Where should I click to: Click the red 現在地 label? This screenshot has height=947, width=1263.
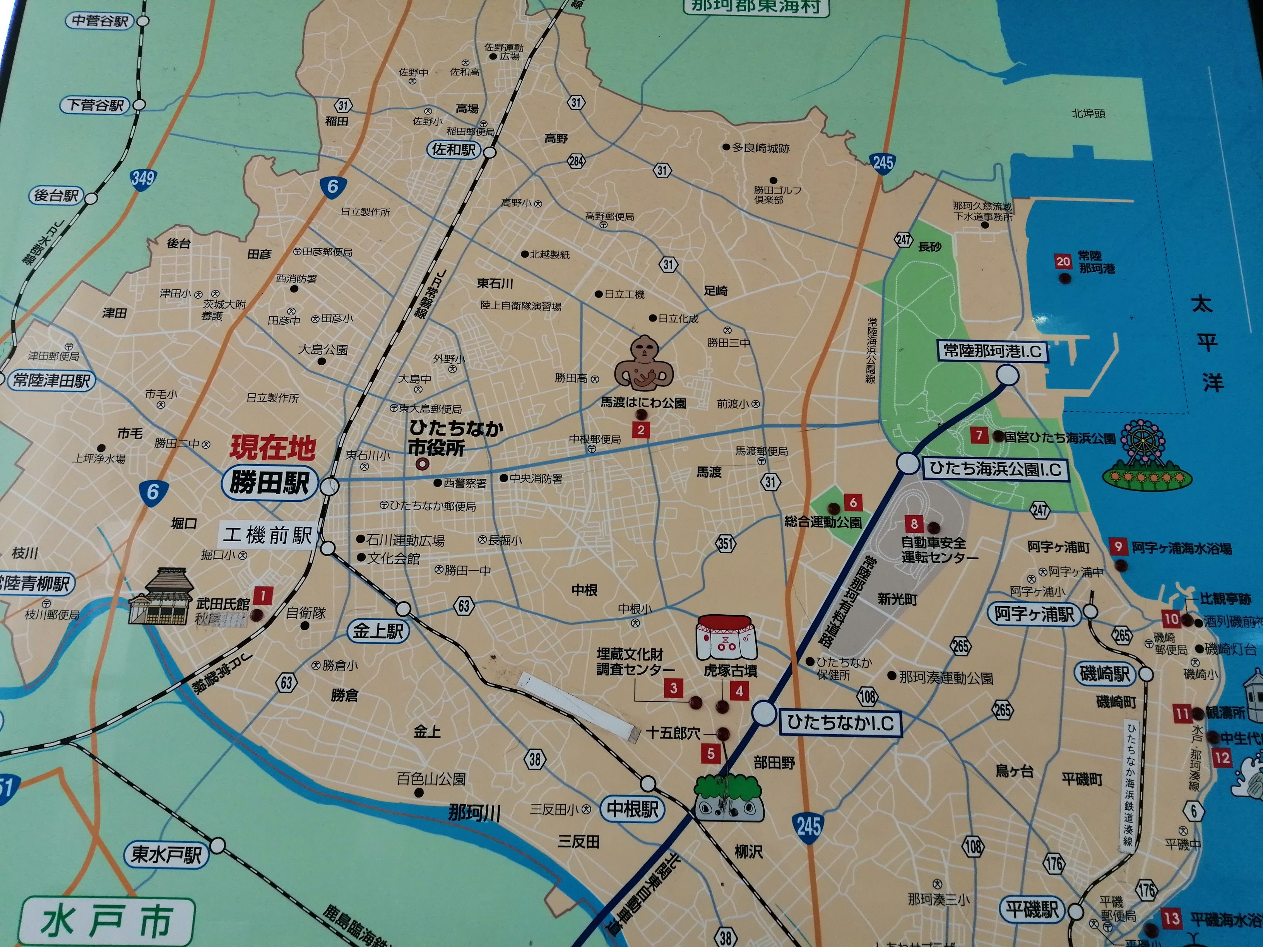[x=272, y=448]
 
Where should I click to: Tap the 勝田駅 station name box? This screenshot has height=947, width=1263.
[x=269, y=483]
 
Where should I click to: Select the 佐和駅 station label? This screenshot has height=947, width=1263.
[x=454, y=150]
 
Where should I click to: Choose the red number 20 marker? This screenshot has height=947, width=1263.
[x=1063, y=262]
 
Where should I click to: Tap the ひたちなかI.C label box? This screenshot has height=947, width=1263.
[x=840, y=723]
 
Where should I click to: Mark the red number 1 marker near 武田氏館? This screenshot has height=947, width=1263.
[x=263, y=597]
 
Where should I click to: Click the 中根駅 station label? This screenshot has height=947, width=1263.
[x=632, y=808]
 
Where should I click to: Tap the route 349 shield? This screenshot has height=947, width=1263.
[x=142, y=179]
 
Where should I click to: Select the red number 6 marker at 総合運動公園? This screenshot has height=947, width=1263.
[x=853, y=503]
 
